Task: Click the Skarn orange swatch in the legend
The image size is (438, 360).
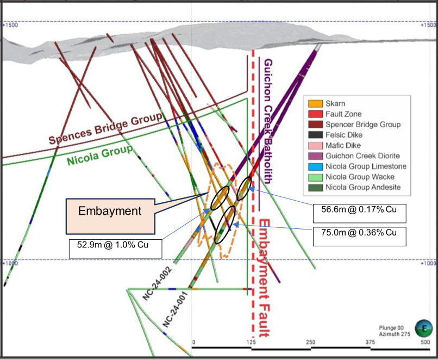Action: point(315,103)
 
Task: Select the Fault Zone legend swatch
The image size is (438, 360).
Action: point(315,114)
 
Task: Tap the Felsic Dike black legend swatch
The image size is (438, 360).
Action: point(315,135)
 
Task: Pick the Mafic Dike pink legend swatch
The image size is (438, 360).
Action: point(315,145)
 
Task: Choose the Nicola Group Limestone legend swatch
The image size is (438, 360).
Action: point(315,166)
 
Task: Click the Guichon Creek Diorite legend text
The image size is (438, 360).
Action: point(362,156)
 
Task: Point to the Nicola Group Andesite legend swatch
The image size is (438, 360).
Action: point(315,187)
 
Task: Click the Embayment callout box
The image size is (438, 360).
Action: point(110,216)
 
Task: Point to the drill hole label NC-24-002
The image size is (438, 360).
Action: point(157,284)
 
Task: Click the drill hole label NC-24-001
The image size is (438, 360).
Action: point(176,309)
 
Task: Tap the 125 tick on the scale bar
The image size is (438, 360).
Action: point(251,342)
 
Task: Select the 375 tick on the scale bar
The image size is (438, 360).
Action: point(371,342)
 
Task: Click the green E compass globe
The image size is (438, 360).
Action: point(424,328)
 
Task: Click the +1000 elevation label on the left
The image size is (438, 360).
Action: point(10,263)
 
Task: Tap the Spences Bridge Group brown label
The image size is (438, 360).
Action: point(105,128)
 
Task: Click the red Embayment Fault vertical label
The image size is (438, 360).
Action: point(264,278)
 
